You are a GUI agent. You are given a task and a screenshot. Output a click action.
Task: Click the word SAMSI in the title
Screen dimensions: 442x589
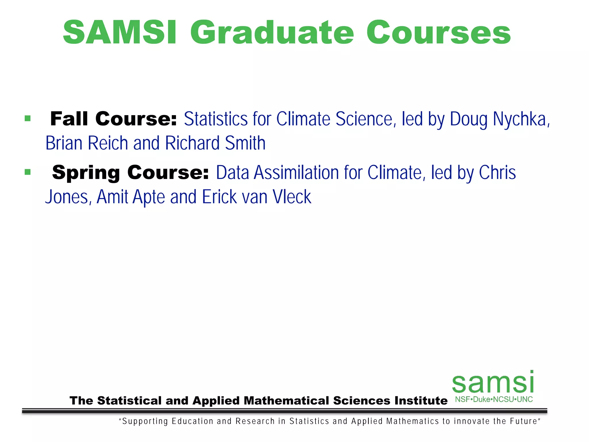119,32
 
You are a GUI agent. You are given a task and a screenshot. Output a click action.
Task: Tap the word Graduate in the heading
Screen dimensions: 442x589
271,32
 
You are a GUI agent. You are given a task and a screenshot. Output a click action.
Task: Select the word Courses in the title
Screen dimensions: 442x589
438,32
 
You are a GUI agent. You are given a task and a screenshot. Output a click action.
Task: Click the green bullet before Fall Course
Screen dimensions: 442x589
28,118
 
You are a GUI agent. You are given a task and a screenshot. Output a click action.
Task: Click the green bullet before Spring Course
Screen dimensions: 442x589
28,172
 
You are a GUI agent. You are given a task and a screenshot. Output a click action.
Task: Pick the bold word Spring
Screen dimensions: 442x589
86,173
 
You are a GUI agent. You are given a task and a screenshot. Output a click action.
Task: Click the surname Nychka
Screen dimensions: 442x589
521,119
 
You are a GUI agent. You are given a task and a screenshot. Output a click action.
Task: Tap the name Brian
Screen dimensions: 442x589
64,143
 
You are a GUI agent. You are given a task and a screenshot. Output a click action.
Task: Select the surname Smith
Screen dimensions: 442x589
245,143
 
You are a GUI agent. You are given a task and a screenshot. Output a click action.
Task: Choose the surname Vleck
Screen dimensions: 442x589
292,197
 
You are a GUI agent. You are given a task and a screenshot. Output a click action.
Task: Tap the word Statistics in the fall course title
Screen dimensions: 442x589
215,119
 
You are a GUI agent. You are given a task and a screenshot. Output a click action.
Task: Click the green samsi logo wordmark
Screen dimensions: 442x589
493,382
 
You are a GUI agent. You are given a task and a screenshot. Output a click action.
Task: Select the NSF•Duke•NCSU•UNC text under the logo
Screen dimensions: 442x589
494,399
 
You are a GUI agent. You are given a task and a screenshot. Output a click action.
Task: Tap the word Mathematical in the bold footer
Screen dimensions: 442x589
286,401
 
